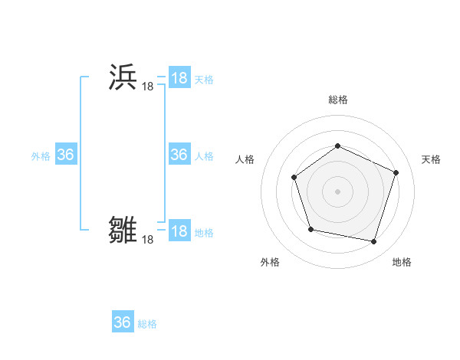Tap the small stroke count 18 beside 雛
point(147,240)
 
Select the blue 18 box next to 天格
point(179,78)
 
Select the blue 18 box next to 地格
point(179,231)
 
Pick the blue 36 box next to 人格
point(179,155)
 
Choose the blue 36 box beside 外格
point(65,155)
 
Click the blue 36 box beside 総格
point(123,322)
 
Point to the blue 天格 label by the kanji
point(204,80)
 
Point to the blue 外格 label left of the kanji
point(41,156)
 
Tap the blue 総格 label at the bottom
point(147,324)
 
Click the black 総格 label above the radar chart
point(337,100)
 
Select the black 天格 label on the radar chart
point(431,159)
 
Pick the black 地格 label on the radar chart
point(402,262)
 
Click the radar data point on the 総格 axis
point(337,146)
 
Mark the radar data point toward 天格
point(396,172)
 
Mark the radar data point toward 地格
point(373,241)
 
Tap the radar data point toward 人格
point(294,178)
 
